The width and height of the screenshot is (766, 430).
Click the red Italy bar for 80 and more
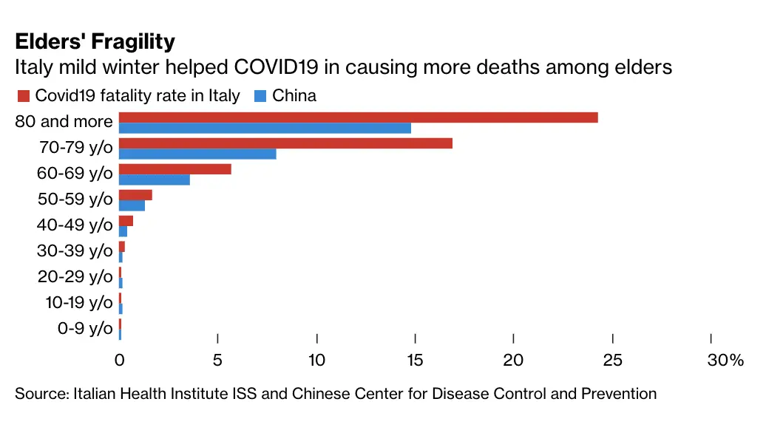click(x=358, y=117)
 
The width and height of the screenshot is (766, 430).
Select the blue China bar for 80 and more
click(x=265, y=128)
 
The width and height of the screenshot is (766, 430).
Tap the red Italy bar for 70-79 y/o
click(x=285, y=143)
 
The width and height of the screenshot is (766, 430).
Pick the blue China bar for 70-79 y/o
click(x=197, y=154)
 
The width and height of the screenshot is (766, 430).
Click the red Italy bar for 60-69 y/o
click(x=175, y=169)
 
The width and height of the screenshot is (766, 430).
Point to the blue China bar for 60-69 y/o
click(x=155, y=180)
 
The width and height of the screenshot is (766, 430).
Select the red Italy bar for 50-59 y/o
click(x=135, y=195)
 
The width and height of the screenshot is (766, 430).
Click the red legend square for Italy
click(x=22, y=96)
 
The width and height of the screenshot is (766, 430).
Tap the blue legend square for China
click(x=260, y=96)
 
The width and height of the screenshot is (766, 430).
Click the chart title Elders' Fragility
click(x=95, y=41)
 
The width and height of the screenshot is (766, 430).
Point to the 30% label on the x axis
click(x=725, y=361)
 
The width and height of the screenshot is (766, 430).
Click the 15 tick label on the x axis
click(x=416, y=361)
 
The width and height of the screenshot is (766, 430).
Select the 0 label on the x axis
click(x=119, y=361)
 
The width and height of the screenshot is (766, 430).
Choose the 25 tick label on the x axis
click(x=613, y=361)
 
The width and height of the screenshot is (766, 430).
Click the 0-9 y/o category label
click(x=85, y=329)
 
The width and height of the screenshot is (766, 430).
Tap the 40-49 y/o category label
click(x=75, y=225)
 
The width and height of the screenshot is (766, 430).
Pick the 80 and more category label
click(x=64, y=121)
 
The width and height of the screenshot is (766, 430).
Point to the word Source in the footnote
click(x=41, y=394)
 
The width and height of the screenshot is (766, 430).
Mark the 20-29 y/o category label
click(x=75, y=277)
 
